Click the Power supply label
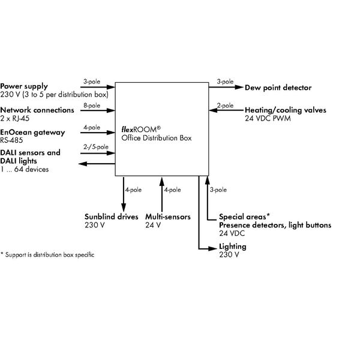24,86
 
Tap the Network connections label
37,110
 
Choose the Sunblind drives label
111,217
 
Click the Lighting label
232,247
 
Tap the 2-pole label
226,105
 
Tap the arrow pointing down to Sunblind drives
122,192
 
